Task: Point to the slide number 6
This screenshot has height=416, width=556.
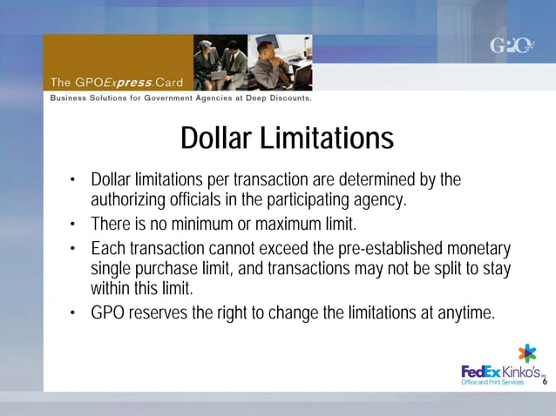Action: pyautogui.click(x=545, y=382)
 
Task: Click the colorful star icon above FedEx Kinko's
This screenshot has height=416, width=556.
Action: pyautogui.click(x=527, y=352)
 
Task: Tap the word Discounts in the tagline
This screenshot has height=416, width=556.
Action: pyautogui.click(x=286, y=98)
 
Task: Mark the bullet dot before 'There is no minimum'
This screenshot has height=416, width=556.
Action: pyautogui.click(x=75, y=225)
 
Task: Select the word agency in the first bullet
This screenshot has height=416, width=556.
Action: pyautogui.click(x=379, y=200)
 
